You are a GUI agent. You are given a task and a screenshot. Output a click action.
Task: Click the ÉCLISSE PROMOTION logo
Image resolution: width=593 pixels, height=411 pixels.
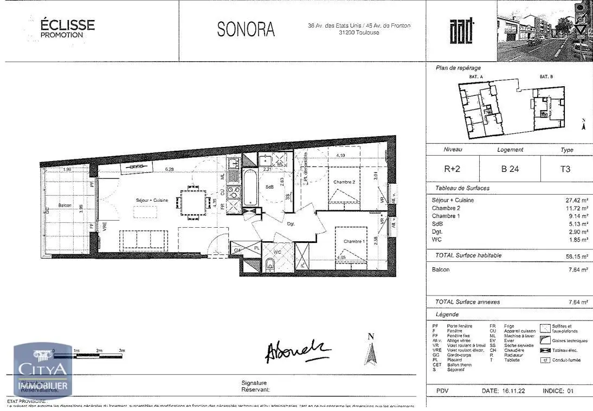tap(67, 28)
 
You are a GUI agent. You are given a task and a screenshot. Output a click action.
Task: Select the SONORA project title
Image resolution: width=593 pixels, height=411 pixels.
tap(246, 30)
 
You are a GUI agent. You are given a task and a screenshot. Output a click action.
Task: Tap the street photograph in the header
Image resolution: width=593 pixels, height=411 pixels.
tap(544, 30)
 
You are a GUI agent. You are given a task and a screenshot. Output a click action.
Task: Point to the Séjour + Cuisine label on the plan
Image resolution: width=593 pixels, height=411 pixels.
tap(152, 200)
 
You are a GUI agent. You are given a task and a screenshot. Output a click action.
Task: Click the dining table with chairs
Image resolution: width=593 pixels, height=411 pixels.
tap(194, 202)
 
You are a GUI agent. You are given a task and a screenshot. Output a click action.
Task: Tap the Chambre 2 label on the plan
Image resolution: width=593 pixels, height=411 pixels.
tap(344, 182)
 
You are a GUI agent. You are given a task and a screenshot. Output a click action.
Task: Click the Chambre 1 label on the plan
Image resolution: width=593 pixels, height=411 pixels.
tap(353, 241)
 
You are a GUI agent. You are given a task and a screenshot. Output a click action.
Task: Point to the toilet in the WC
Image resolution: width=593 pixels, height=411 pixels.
tap(270, 264)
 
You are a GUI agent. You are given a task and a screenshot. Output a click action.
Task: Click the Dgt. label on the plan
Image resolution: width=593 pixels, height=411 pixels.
tap(291, 223)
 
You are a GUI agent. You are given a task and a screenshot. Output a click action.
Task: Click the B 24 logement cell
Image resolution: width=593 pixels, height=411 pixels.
tap(510, 169)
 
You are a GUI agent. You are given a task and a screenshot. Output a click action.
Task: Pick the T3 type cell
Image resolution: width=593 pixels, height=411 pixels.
tap(565, 169)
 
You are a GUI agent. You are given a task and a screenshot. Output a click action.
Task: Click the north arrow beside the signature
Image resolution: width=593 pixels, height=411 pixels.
tap(371, 350)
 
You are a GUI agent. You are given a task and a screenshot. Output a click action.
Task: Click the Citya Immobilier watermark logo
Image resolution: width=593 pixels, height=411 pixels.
tap(43, 370)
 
